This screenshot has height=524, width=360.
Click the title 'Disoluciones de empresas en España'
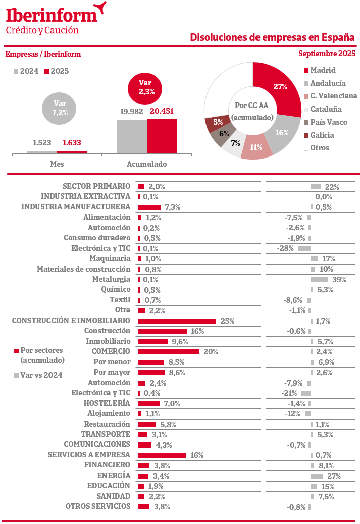[x=272, y=38]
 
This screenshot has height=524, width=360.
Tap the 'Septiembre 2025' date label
[x=327, y=54]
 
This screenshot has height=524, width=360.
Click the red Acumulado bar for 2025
[x=162, y=136]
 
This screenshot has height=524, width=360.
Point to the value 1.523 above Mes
[x=42, y=143]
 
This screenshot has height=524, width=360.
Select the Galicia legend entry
[x=322, y=135]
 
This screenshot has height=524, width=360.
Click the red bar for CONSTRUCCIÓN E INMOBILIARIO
[x=177, y=321]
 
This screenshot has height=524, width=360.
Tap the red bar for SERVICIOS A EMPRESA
[x=162, y=455]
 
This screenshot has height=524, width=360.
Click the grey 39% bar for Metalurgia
[x=319, y=279]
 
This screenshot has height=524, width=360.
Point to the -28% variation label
[x=285, y=248]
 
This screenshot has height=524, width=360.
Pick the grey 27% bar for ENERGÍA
[x=317, y=476]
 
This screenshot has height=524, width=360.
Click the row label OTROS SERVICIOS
[x=98, y=506]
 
